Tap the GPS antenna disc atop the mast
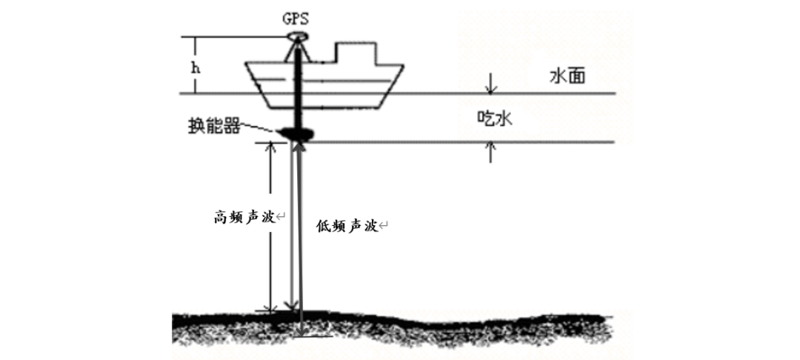[x=298, y=36]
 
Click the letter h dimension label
[x=196, y=66]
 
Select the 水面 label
[x=567, y=76]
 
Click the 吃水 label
[x=494, y=117]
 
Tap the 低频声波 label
[x=347, y=225]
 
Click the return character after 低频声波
[x=384, y=226]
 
